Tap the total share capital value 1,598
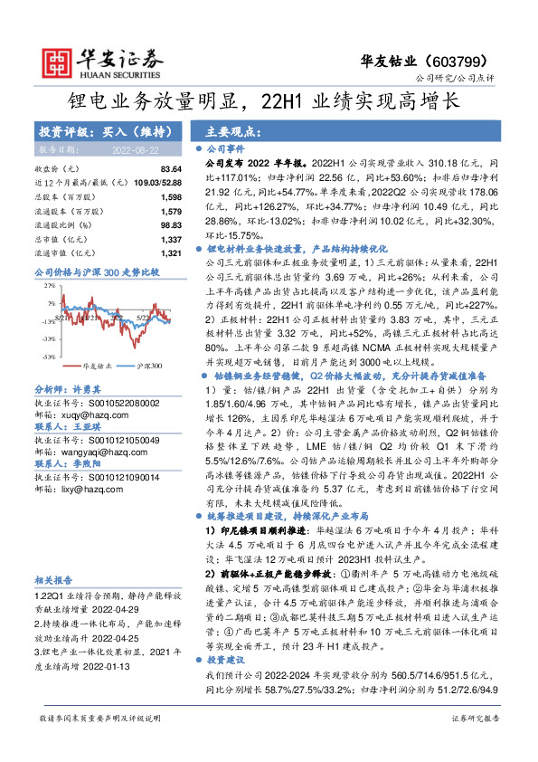170,196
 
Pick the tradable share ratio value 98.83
170,224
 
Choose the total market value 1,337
170,238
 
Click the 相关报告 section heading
54,580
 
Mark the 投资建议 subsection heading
229,661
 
